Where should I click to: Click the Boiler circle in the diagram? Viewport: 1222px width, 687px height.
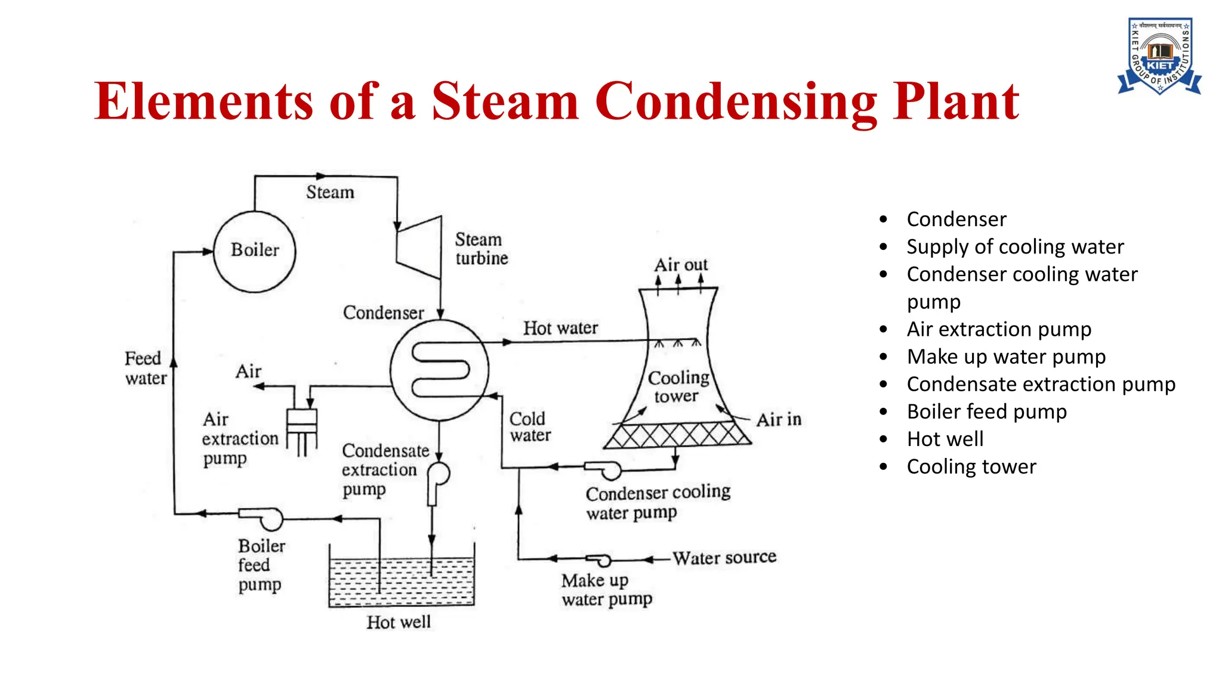(254, 251)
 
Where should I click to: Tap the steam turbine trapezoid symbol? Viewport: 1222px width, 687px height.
(420, 248)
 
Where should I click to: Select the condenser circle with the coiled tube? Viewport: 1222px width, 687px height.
(440, 370)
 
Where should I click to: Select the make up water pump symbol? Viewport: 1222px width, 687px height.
(599, 560)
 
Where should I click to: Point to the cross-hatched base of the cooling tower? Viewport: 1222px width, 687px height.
(677, 435)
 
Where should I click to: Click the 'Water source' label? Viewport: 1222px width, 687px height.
(724, 558)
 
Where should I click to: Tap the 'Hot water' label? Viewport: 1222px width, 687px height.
(560, 328)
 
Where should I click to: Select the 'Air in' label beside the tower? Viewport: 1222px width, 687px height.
(779, 420)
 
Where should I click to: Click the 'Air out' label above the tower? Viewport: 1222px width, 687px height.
(681, 265)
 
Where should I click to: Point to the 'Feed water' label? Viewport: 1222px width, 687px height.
(145, 368)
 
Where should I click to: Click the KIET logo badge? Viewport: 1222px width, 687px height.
(1159, 56)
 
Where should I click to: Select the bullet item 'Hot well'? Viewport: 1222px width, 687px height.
(945, 440)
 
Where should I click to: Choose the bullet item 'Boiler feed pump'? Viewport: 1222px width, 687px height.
(986, 412)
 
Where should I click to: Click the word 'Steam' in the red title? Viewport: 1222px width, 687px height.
(505, 101)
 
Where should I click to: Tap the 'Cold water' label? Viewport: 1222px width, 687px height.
(529, 427)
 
